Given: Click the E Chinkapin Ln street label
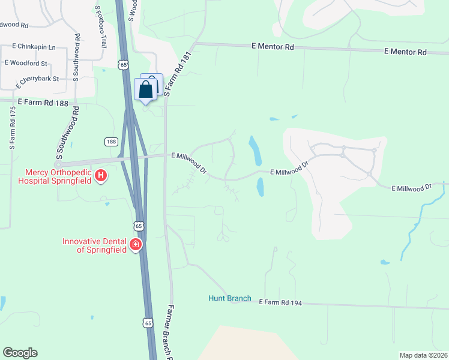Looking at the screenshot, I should (x=35, y=47).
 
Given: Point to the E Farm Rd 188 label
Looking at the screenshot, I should (x=43, y=103).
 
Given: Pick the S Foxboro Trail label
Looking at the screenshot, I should (x=100, y=27).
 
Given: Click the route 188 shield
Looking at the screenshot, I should (x=110, y=142).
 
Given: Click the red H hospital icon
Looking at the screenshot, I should (x=101, y=176).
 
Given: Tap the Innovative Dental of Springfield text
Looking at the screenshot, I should (x=95, y=245).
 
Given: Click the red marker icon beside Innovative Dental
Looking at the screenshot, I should (x=136, y=244).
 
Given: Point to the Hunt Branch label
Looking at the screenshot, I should (x=229, y=298).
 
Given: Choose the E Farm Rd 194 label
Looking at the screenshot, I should (x=280, y=303).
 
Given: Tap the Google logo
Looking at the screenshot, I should (x=20, y=353).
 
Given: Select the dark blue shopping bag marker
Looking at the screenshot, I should (x=146, y=91).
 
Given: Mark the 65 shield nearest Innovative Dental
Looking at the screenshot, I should (x=139, y=226).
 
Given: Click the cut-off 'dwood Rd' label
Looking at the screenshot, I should (x=14, y=25).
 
